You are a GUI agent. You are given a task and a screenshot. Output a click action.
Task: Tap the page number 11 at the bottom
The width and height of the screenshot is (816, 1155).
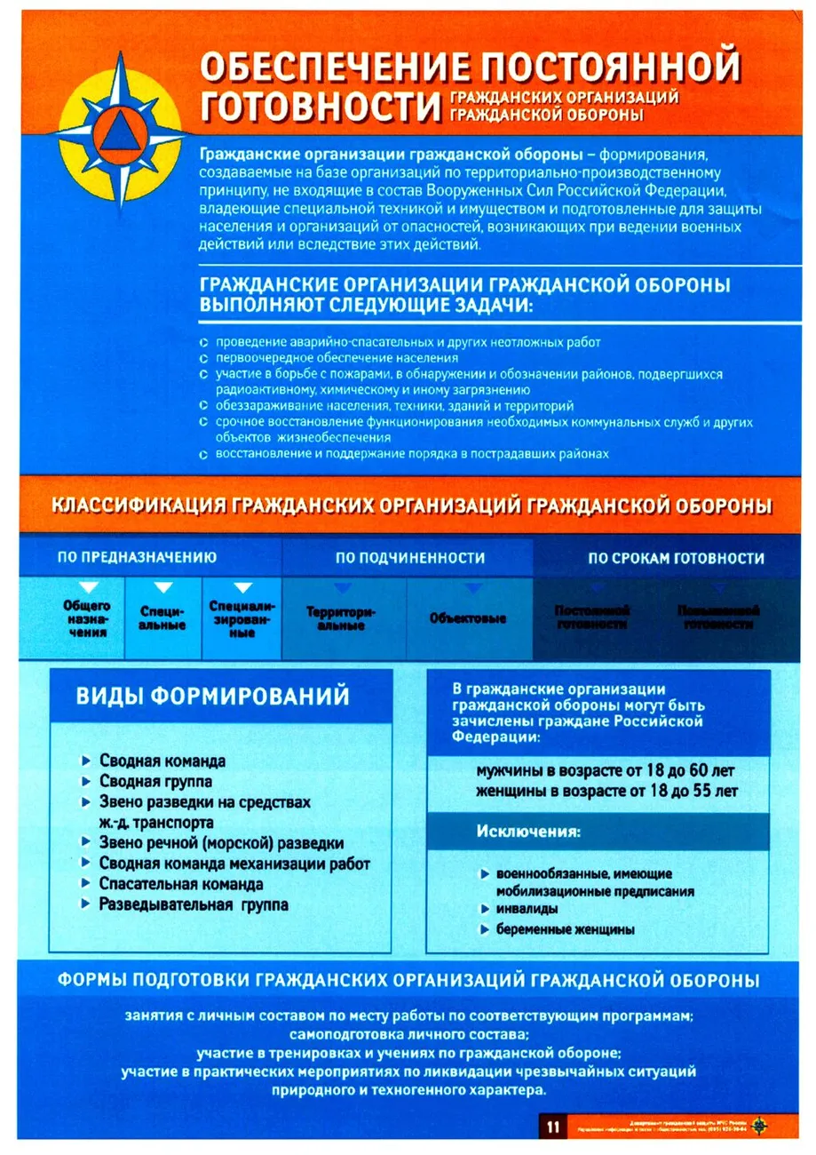point(551,1127)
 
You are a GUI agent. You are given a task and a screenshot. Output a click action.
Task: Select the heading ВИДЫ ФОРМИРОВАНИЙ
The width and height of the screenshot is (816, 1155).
point(213,696)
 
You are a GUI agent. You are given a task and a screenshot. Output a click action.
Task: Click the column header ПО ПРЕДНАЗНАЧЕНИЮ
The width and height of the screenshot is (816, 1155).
point(138,558)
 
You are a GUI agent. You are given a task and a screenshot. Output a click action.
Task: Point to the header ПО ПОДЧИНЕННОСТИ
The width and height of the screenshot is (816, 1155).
point(410,558)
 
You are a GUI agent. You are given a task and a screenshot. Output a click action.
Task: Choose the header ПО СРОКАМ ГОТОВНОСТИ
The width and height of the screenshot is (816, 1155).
point(675,558)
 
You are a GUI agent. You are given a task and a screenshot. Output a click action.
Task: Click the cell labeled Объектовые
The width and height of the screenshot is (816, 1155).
point(467,617)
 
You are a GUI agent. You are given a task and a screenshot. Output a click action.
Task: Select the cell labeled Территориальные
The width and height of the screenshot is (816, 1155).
point(341,618)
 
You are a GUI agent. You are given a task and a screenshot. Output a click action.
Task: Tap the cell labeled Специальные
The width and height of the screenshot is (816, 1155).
point(162,618)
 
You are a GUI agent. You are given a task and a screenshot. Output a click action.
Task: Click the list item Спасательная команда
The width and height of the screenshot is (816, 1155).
point(181,884)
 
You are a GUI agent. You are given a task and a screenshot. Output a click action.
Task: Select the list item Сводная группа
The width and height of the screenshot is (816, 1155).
point(155,781)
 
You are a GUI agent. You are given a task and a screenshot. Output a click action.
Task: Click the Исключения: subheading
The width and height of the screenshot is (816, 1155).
point(528,832)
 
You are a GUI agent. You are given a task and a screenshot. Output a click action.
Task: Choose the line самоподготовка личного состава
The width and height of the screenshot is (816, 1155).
point(408,1034)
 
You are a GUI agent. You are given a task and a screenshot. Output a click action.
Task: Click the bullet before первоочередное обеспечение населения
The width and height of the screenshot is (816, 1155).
point(203,358)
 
